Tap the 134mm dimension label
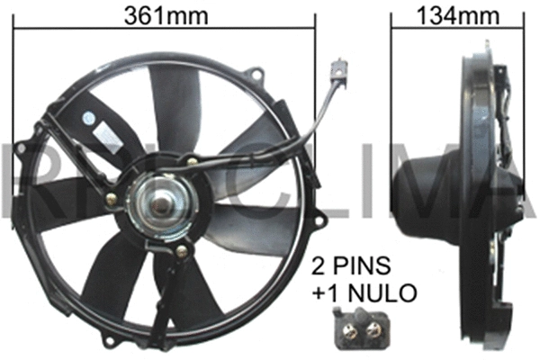453,14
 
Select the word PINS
370,267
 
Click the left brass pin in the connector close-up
349,331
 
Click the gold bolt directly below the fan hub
180,253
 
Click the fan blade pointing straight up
176,108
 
